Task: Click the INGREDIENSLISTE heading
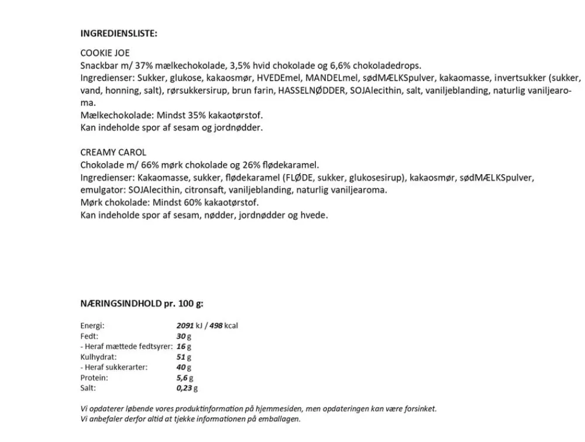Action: pyautogui.click(x=119, y=33)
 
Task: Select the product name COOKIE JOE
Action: pyautogui.click(x=105, y=53)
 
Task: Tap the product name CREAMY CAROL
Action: pyautogui.click(x=113, y=152)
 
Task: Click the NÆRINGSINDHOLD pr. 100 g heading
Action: pyautogui.click(x=142, y=304)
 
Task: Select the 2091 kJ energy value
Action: pyautogui.click(x=185, y=326)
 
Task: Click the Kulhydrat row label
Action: pyautogui.click(x=98, y=357)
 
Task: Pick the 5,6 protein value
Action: pyautogui.click(x=181, y=378)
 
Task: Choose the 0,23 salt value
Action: pyautogui.click(x=184, y=388)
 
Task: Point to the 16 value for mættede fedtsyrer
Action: pyautogui.click(x=181, y=346)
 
